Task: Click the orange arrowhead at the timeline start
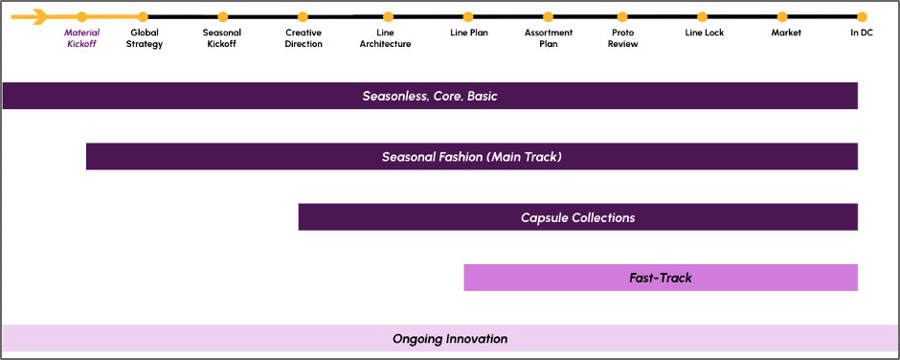[39, 17]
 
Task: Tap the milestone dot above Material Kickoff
[82, 17]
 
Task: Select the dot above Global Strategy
[143, 17]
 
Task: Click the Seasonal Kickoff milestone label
[222, 38]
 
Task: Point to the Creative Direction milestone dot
[304, 17]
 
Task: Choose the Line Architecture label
[385, 38]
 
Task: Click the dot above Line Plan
[468, 17]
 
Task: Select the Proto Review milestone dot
[622, 17]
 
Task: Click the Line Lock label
[705, 33]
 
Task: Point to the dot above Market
[782, 17]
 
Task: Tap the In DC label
[862, 33]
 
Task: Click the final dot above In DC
[862, 17]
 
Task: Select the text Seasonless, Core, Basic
[430, 97]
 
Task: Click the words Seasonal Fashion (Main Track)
[472, 157]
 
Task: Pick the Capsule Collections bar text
[578, 217]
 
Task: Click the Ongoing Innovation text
[450, 339]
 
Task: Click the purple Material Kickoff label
[81, 38]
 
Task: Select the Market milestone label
[786, 33]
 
